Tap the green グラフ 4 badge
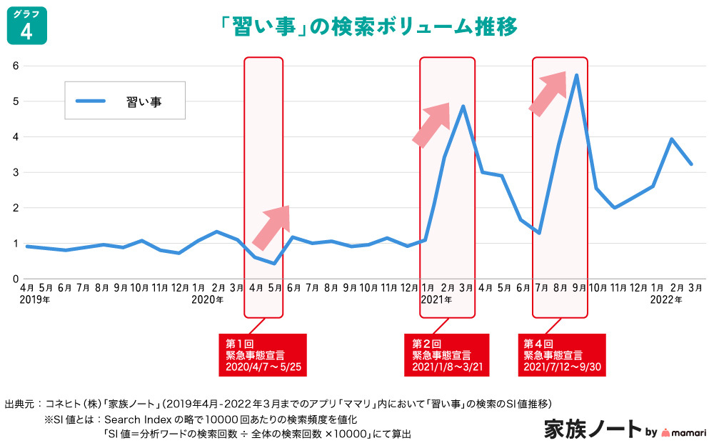click(x=26, y=26)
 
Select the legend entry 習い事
click(x=125, y=101)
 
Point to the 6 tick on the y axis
click(x=14, y=66)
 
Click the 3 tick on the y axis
click(x=14, y=172)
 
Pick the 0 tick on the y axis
click(x=14, y=279)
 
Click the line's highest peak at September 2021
click(x=576, y=75)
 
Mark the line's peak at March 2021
click(x=463, y=106)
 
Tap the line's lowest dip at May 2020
click(x=274, y=264)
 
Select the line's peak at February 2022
click(x=671, y=139)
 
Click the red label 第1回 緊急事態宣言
click(x=262, y=355)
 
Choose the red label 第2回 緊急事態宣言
click(x=446, y=355)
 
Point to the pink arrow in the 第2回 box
click(x=431, y=124)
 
